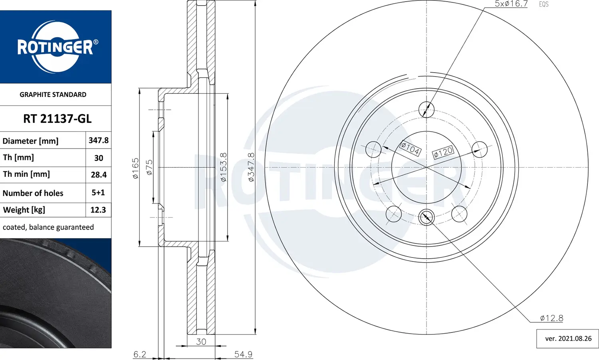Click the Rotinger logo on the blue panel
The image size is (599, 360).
(56, 47)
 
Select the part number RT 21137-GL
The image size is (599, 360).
(57, 119)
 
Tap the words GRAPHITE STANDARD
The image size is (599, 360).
(53, 95)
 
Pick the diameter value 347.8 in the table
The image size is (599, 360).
(98, 140)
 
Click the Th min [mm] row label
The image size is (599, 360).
(26, 174)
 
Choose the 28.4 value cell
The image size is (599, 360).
(98, 174)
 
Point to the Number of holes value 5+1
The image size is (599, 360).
(98, 192)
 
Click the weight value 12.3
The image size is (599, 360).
(98, 210)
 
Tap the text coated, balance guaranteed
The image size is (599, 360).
(48, 227)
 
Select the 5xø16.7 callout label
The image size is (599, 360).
(511, 4)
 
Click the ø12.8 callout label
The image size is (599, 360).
(551, 318)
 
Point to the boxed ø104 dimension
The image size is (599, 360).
(410, 148)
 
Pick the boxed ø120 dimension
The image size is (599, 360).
(443, 152)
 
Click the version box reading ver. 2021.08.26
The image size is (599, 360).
(568, 338)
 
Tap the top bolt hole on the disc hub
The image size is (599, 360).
(426, 109)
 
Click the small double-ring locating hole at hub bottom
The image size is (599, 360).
(426, 217)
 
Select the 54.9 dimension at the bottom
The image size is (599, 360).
(243, 354)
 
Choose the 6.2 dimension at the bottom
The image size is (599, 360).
(140, 354)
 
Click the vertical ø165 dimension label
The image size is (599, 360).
(136, 168)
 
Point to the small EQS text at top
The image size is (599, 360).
(543, 4)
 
